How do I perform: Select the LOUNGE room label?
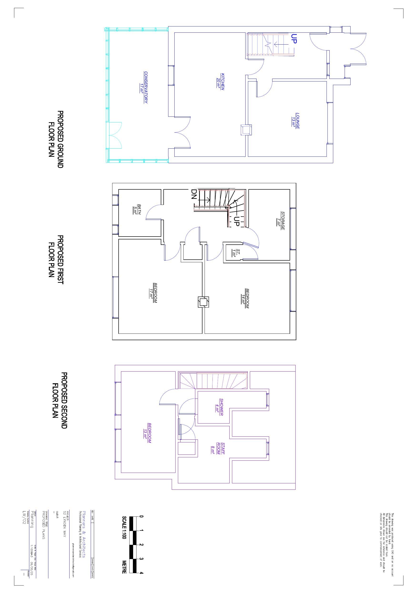(296, 121)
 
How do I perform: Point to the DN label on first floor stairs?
(194, 195)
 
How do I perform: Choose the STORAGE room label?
(281, 221)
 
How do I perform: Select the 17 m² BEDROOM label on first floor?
(153, 293)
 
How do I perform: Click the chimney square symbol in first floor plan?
(203, 302)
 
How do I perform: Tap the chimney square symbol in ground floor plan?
(246, 130)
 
